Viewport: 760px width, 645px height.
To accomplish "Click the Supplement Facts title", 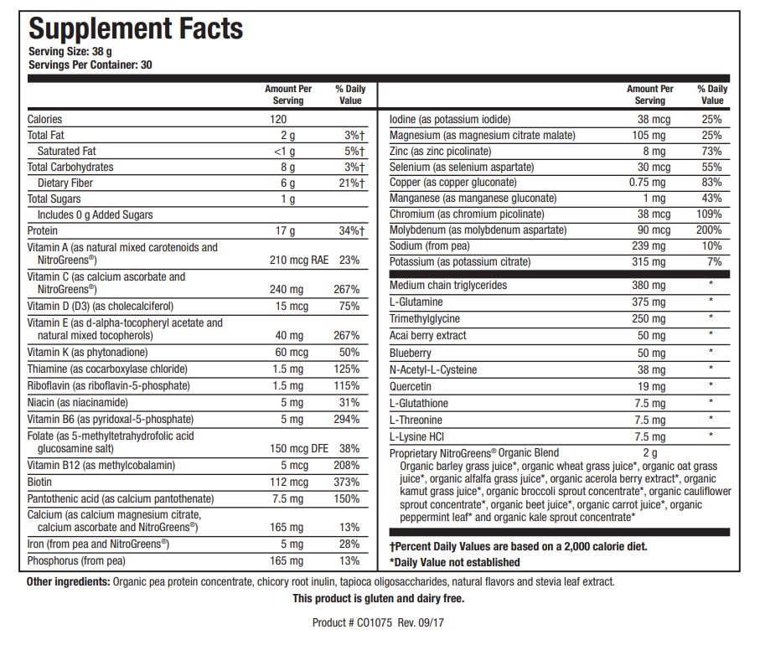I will tap(136, 28).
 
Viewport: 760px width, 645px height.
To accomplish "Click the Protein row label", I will tap(43, 230).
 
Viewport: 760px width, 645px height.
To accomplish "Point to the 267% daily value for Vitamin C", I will tap(347, 290).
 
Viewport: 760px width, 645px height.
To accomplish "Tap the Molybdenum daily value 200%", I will tap(711, 230).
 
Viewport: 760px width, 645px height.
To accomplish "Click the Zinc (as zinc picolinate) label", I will tap(440, 151).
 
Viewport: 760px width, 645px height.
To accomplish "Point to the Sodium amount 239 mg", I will tap(649, 246).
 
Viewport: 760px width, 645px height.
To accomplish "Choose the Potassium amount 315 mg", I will tap(649, 262).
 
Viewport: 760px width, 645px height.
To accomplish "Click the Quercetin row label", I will tap(411, 387).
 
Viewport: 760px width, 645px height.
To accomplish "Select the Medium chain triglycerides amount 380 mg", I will tap(649, 286).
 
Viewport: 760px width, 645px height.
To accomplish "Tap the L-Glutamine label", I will tap(416, 302).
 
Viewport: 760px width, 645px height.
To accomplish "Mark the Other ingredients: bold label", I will tap(68, 581).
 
